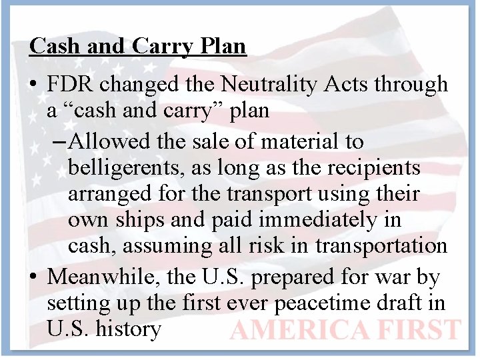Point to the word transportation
381,245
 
